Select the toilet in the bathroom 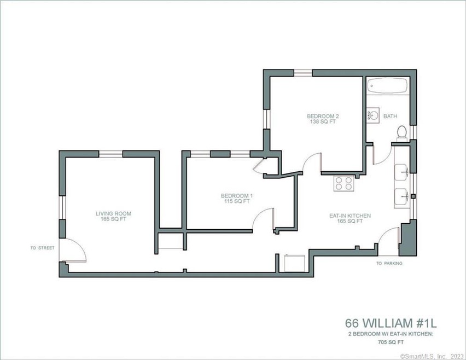click(x=401, y=132)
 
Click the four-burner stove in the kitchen click(x=344, y=183)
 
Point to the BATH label click(x=391, y=117)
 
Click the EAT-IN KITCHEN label click(x=349, y=216)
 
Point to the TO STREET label click(x=43, y=248)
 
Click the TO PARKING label click(x=389, y=263)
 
